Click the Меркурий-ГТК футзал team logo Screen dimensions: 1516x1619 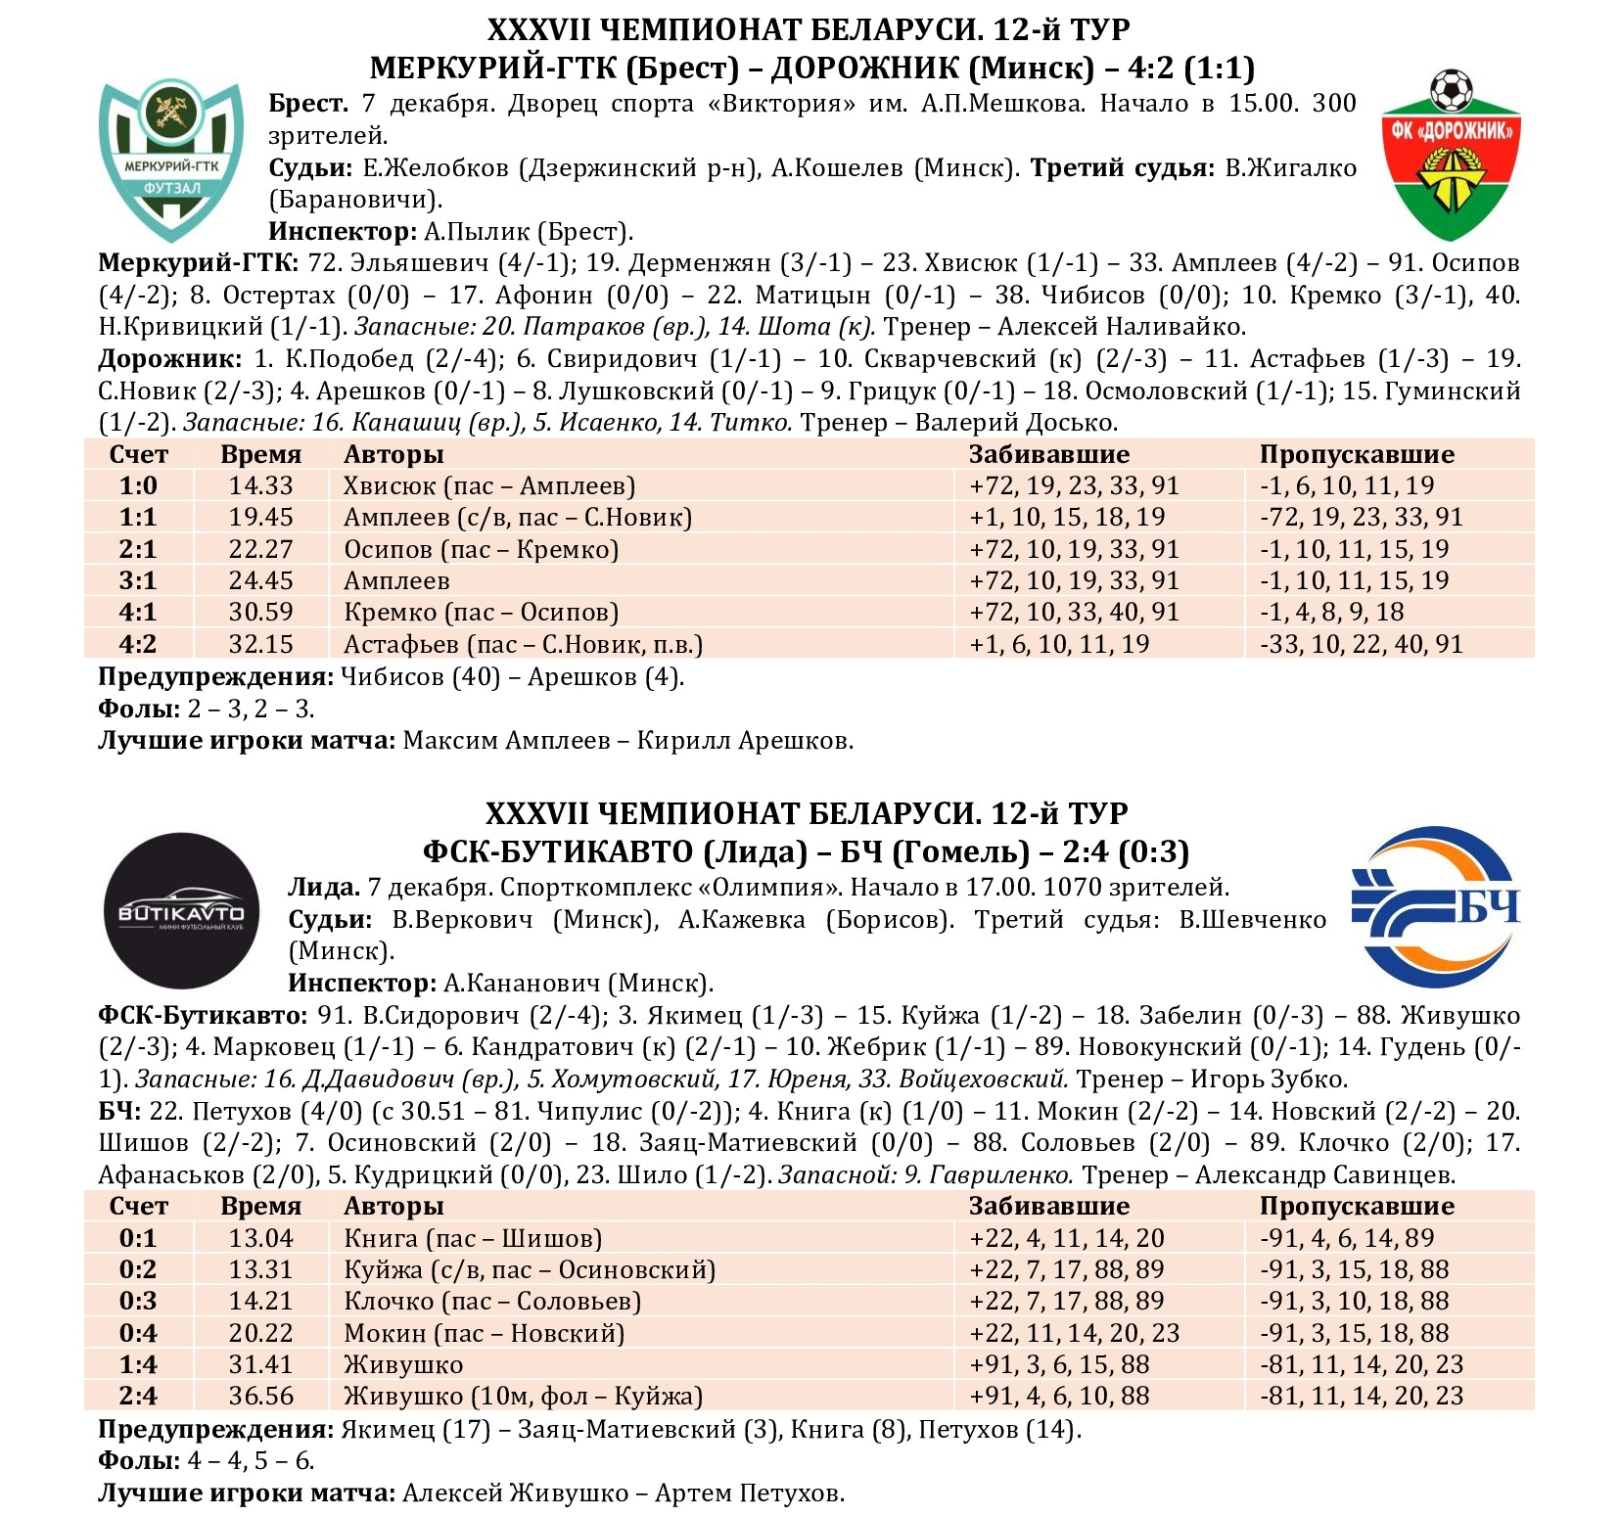[171, 159]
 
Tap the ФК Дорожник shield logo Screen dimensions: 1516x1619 [1451, 157]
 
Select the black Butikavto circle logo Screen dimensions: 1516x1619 [182, 910]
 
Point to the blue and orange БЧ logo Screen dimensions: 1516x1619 [1434, 907]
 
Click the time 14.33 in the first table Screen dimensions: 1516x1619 [260, 485]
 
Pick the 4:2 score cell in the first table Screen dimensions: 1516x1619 [138, 644]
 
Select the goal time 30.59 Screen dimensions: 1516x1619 [260, 612]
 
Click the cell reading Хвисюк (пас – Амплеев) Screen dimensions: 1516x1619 [489, 485]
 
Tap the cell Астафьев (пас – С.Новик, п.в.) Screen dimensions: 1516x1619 [523, 644]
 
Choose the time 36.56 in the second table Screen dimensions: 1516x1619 [260, 1396]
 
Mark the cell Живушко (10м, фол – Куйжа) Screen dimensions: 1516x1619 [523, 1396]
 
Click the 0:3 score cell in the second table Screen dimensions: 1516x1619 [138, 1301]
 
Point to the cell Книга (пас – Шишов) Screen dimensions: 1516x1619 [472, 1238]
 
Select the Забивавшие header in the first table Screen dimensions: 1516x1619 [1048, 454]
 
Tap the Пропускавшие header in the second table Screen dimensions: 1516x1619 [1357, 1206]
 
